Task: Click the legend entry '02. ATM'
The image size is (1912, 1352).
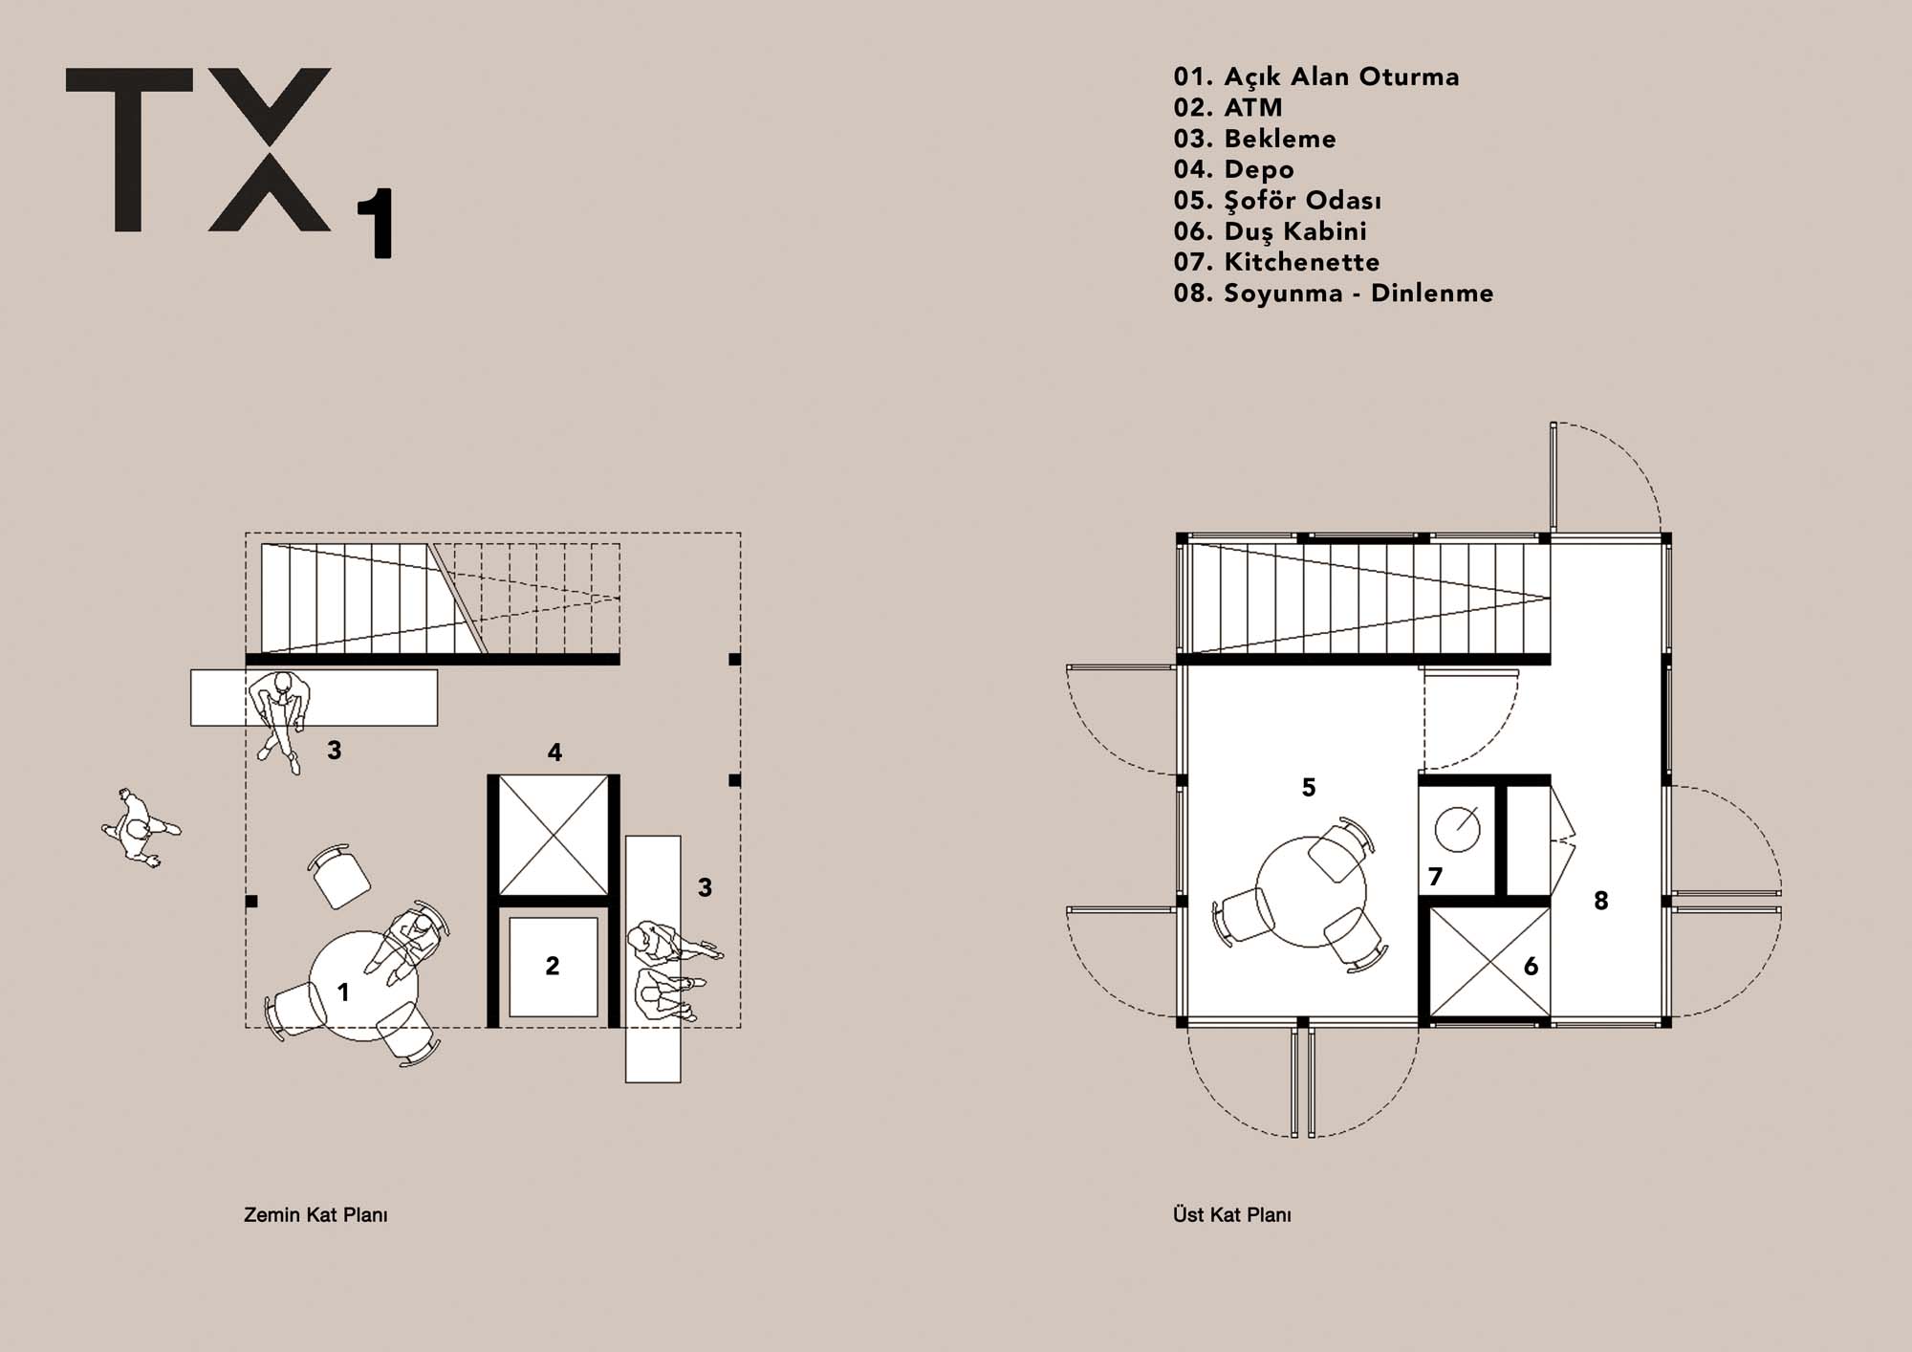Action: point(1228,107)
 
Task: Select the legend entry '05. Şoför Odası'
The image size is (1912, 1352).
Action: point(1277,201)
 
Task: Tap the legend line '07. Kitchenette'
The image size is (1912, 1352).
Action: point(1276,262)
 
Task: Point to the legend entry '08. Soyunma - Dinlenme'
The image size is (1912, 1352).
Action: point(1334,293)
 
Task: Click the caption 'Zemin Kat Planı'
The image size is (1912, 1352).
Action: point(315,1215)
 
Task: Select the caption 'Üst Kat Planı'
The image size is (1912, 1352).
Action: point(1232,1215)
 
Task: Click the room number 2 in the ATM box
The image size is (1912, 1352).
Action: point(553,966)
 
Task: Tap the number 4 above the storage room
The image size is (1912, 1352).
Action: point(554,752)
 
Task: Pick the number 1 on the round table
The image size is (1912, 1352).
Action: point(343,992)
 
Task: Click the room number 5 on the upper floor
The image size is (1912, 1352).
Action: point(1309,787)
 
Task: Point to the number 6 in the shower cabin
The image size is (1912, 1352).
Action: point(1531,967)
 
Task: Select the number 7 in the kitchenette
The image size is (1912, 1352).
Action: point(1435,876)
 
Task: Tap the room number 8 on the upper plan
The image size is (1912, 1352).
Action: point(1601,900)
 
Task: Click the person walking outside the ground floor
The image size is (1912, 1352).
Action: point(141,828)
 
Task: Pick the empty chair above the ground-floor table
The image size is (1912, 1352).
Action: point(339,876)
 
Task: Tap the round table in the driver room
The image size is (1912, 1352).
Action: point(1310,891)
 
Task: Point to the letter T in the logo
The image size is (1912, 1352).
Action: point(128,149)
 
